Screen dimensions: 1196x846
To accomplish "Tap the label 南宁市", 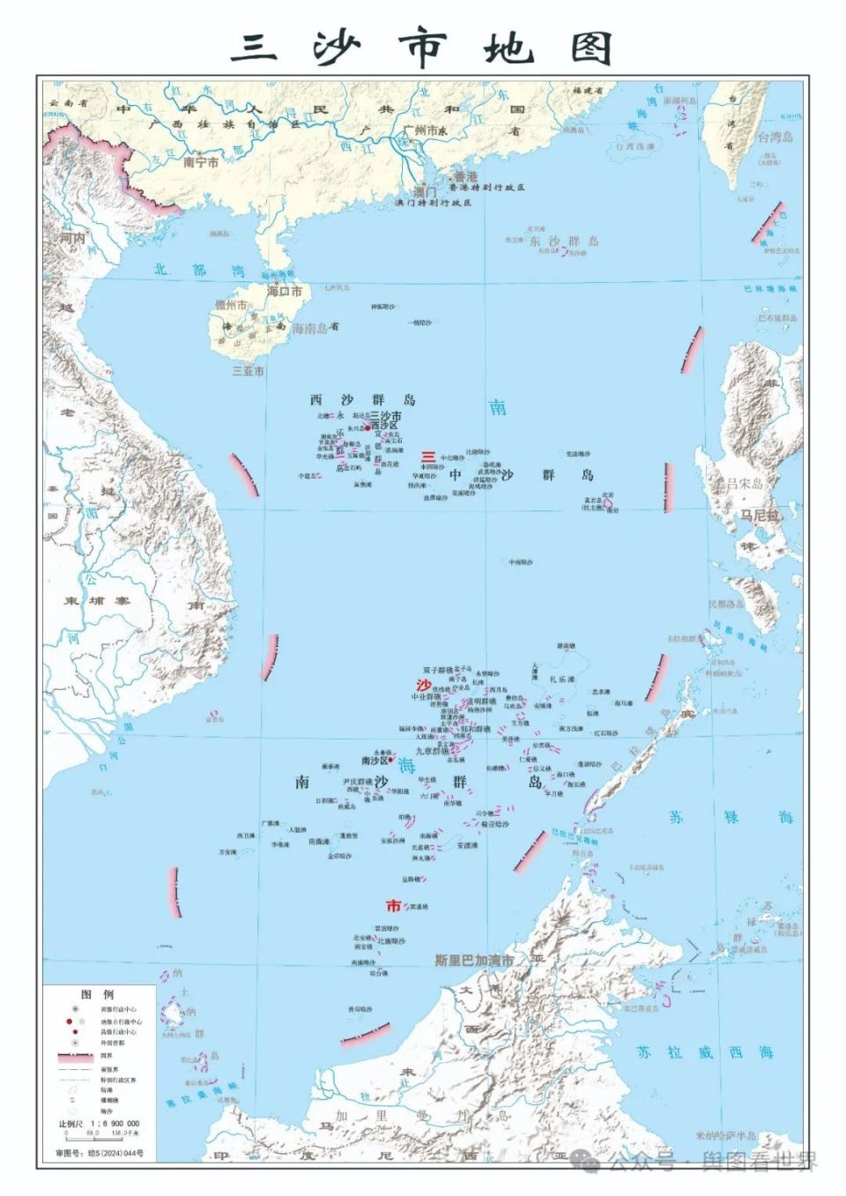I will coord(201,162).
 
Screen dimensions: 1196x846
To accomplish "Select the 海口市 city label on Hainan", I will coord(285,291).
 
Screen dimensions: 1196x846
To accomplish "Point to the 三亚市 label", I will coord(248,371).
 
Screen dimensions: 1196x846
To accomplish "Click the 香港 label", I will coord(465,177).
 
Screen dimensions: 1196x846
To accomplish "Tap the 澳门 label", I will coord(425,191).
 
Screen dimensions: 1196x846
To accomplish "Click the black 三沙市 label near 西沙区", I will coord(385,416).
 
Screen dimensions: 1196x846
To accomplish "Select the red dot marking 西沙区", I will coord(367,428).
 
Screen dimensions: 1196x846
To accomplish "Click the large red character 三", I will coord(427,457).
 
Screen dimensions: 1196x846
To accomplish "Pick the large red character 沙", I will coord(424,685).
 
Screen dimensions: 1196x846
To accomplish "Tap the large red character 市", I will coord(393,905).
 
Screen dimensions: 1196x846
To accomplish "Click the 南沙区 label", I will coord(375,761).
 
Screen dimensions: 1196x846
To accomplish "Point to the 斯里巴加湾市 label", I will coord(474,960).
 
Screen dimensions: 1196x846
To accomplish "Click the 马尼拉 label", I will coord(757,515).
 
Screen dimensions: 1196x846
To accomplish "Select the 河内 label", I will coord(71,238).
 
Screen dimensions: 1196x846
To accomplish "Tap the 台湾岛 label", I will coord(775,137).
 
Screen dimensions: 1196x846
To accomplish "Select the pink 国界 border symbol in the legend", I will coord(76,1055).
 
